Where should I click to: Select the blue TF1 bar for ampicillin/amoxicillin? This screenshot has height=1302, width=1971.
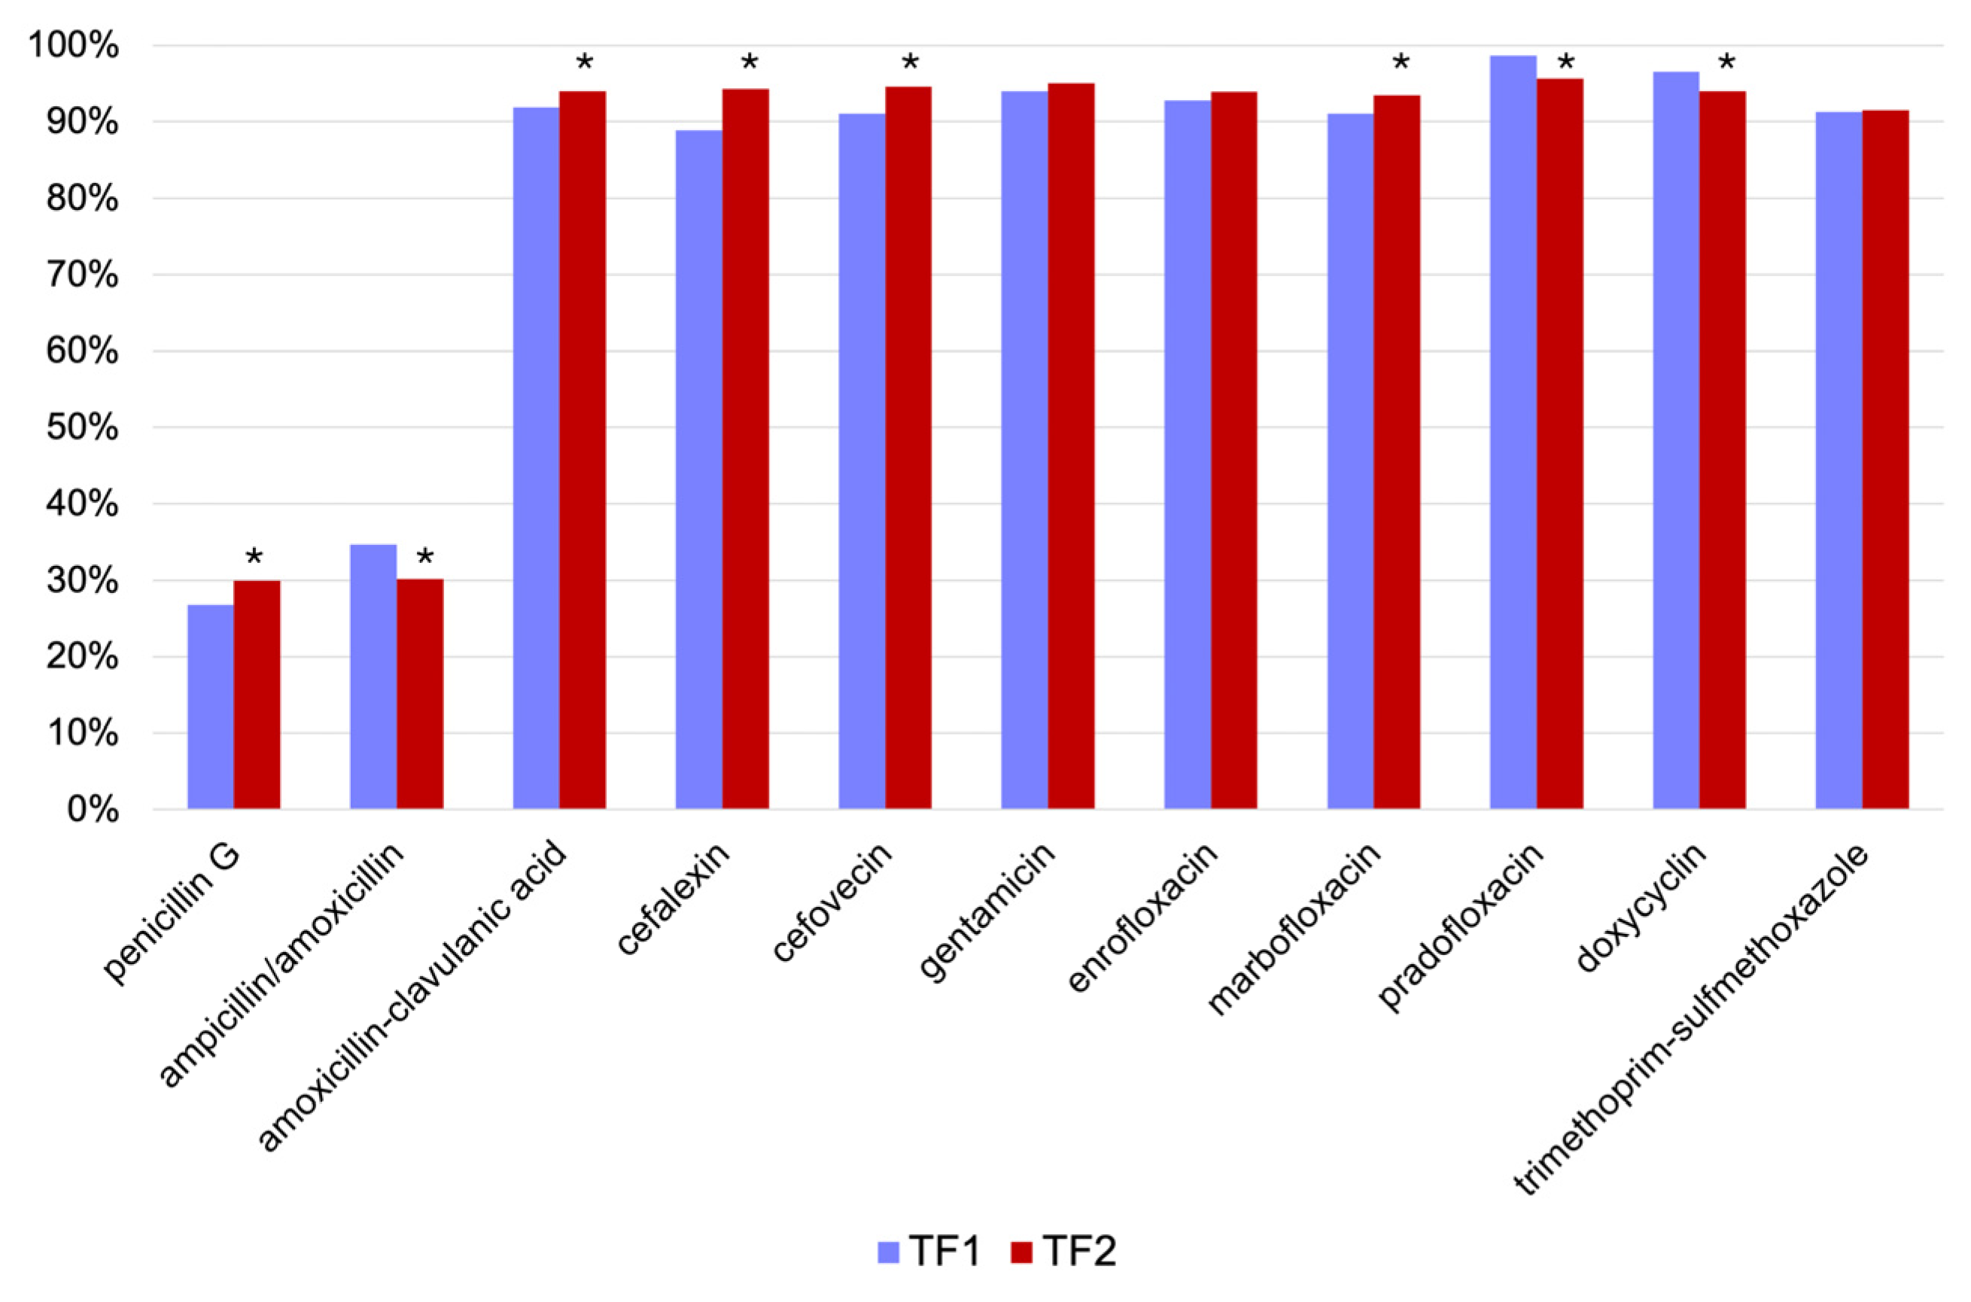point(373,676)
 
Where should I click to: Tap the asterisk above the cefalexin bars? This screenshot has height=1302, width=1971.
point(749,63)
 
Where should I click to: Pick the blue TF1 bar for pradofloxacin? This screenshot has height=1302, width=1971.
point(1513,432)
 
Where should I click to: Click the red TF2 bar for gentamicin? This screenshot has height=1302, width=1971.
point(1070,446)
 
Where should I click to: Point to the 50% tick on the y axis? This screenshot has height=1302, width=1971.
point(82,428)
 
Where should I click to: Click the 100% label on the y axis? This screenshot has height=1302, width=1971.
point(74,47)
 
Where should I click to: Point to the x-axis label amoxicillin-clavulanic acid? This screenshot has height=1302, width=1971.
point(412,996)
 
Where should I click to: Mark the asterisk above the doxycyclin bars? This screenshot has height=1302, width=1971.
point(1726,63)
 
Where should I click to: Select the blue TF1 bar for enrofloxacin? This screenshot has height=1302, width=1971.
point(1188,455)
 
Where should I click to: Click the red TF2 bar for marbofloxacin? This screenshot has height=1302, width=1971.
point(1397,452)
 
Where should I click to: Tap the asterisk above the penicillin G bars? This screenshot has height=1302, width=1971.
point(254,557)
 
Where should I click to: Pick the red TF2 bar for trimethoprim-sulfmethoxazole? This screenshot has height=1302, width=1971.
point(1885,459)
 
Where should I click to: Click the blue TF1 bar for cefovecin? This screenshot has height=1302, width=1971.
point(861,461)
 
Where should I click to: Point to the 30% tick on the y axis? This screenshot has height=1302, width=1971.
point(82,581)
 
